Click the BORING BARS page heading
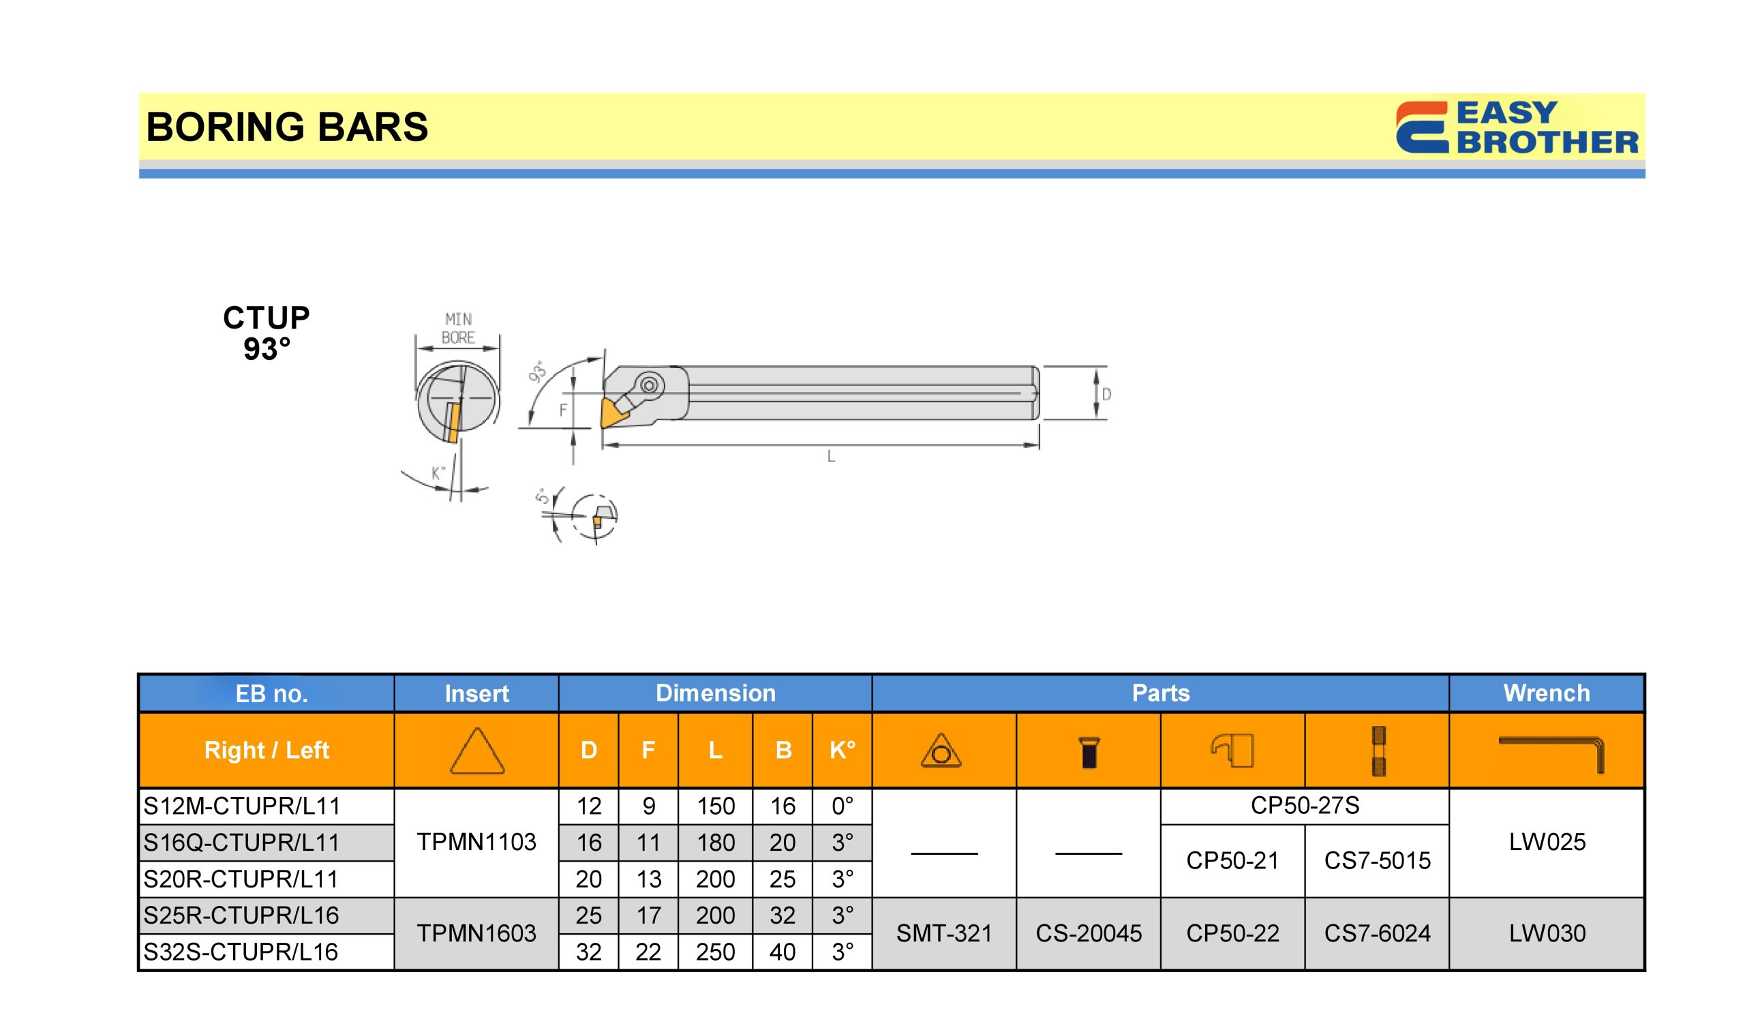pyautogui.click(x=287, y=127)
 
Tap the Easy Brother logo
pyautogui.click(x=1517, y=127)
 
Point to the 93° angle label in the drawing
pyautogui.click(x=537, y=372)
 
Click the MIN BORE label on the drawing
pyautogui.click(x=459, y=329)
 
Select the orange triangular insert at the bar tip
pyautogui.click(x=613, y=412)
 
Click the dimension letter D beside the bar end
pyautogui.click(x=1106, y=394)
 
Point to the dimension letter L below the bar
pyautogui.click(x=831, y=457)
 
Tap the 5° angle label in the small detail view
pyautogui.click(x=542, y=496)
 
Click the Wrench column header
pyautogui.click(x=1546, y=693)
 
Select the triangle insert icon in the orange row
pyautogui.click(x=477, y=751)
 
